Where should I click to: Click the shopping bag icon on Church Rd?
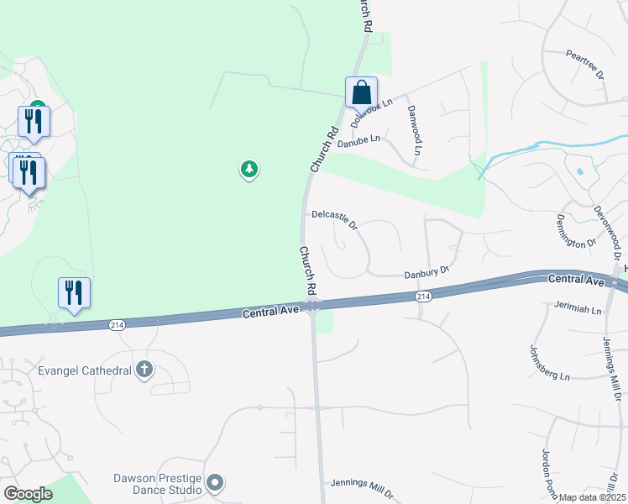click(x=361, y=92)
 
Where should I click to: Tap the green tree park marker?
click(x=249, y=170)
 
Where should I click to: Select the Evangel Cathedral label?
click(x=84, y=370)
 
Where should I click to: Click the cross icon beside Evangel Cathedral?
click(x=144, y=369)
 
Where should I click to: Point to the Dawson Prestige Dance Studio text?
click(x=158, y=484)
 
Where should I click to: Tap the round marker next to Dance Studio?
click(x=215, y=482)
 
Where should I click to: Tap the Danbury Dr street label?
click(x=427, y=273)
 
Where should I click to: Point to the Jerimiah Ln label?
click(x=578, y=310)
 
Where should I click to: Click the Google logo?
click(x=28, y=494)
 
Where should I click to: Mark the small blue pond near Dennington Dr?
click(x=580, y=171)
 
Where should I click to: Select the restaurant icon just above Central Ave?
click(x=74, y=292)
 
